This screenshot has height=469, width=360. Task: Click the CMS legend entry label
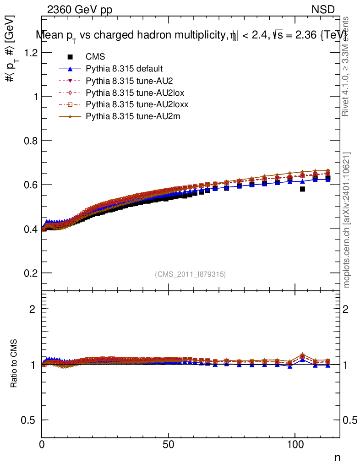point(96,57)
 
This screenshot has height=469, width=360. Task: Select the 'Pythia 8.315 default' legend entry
point(124,69)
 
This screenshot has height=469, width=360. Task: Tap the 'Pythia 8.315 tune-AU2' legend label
point(125,81)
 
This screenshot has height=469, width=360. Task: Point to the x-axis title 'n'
point(337,458)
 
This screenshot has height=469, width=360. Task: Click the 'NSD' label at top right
point(323,10)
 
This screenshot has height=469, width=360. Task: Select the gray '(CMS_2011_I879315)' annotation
point(190,274)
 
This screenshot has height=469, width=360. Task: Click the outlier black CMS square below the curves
point(302,189)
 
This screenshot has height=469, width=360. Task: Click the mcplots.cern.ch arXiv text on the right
point(347,220)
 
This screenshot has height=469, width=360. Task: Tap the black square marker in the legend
point(70,57)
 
